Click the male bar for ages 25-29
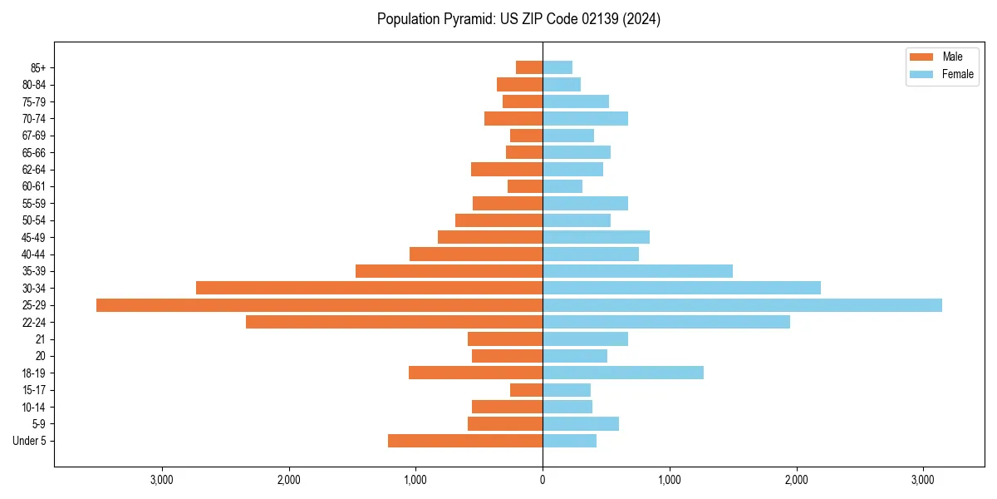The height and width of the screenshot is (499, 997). pos(319,305)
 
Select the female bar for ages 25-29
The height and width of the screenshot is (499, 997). pos(742,305)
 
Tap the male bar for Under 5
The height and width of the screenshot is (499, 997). pos(465,441)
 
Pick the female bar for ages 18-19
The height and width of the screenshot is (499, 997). pos(623,373)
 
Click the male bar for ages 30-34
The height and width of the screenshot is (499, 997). pos(369,288)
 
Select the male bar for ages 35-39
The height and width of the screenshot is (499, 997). pos(449,271)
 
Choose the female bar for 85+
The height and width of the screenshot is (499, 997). pos(557,67)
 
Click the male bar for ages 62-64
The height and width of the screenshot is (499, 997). pos(507,170)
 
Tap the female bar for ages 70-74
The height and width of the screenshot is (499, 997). pos(585,119)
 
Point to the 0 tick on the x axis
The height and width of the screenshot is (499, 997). pos(543,480)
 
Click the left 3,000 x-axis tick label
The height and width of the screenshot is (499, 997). pos(162,480)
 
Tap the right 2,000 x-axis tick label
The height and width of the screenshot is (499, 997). pos(796,480)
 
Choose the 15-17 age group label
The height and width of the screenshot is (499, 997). pos(34,390)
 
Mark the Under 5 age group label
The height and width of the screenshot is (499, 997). pos(30,441)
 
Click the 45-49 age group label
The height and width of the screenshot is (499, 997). pos(34,237)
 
